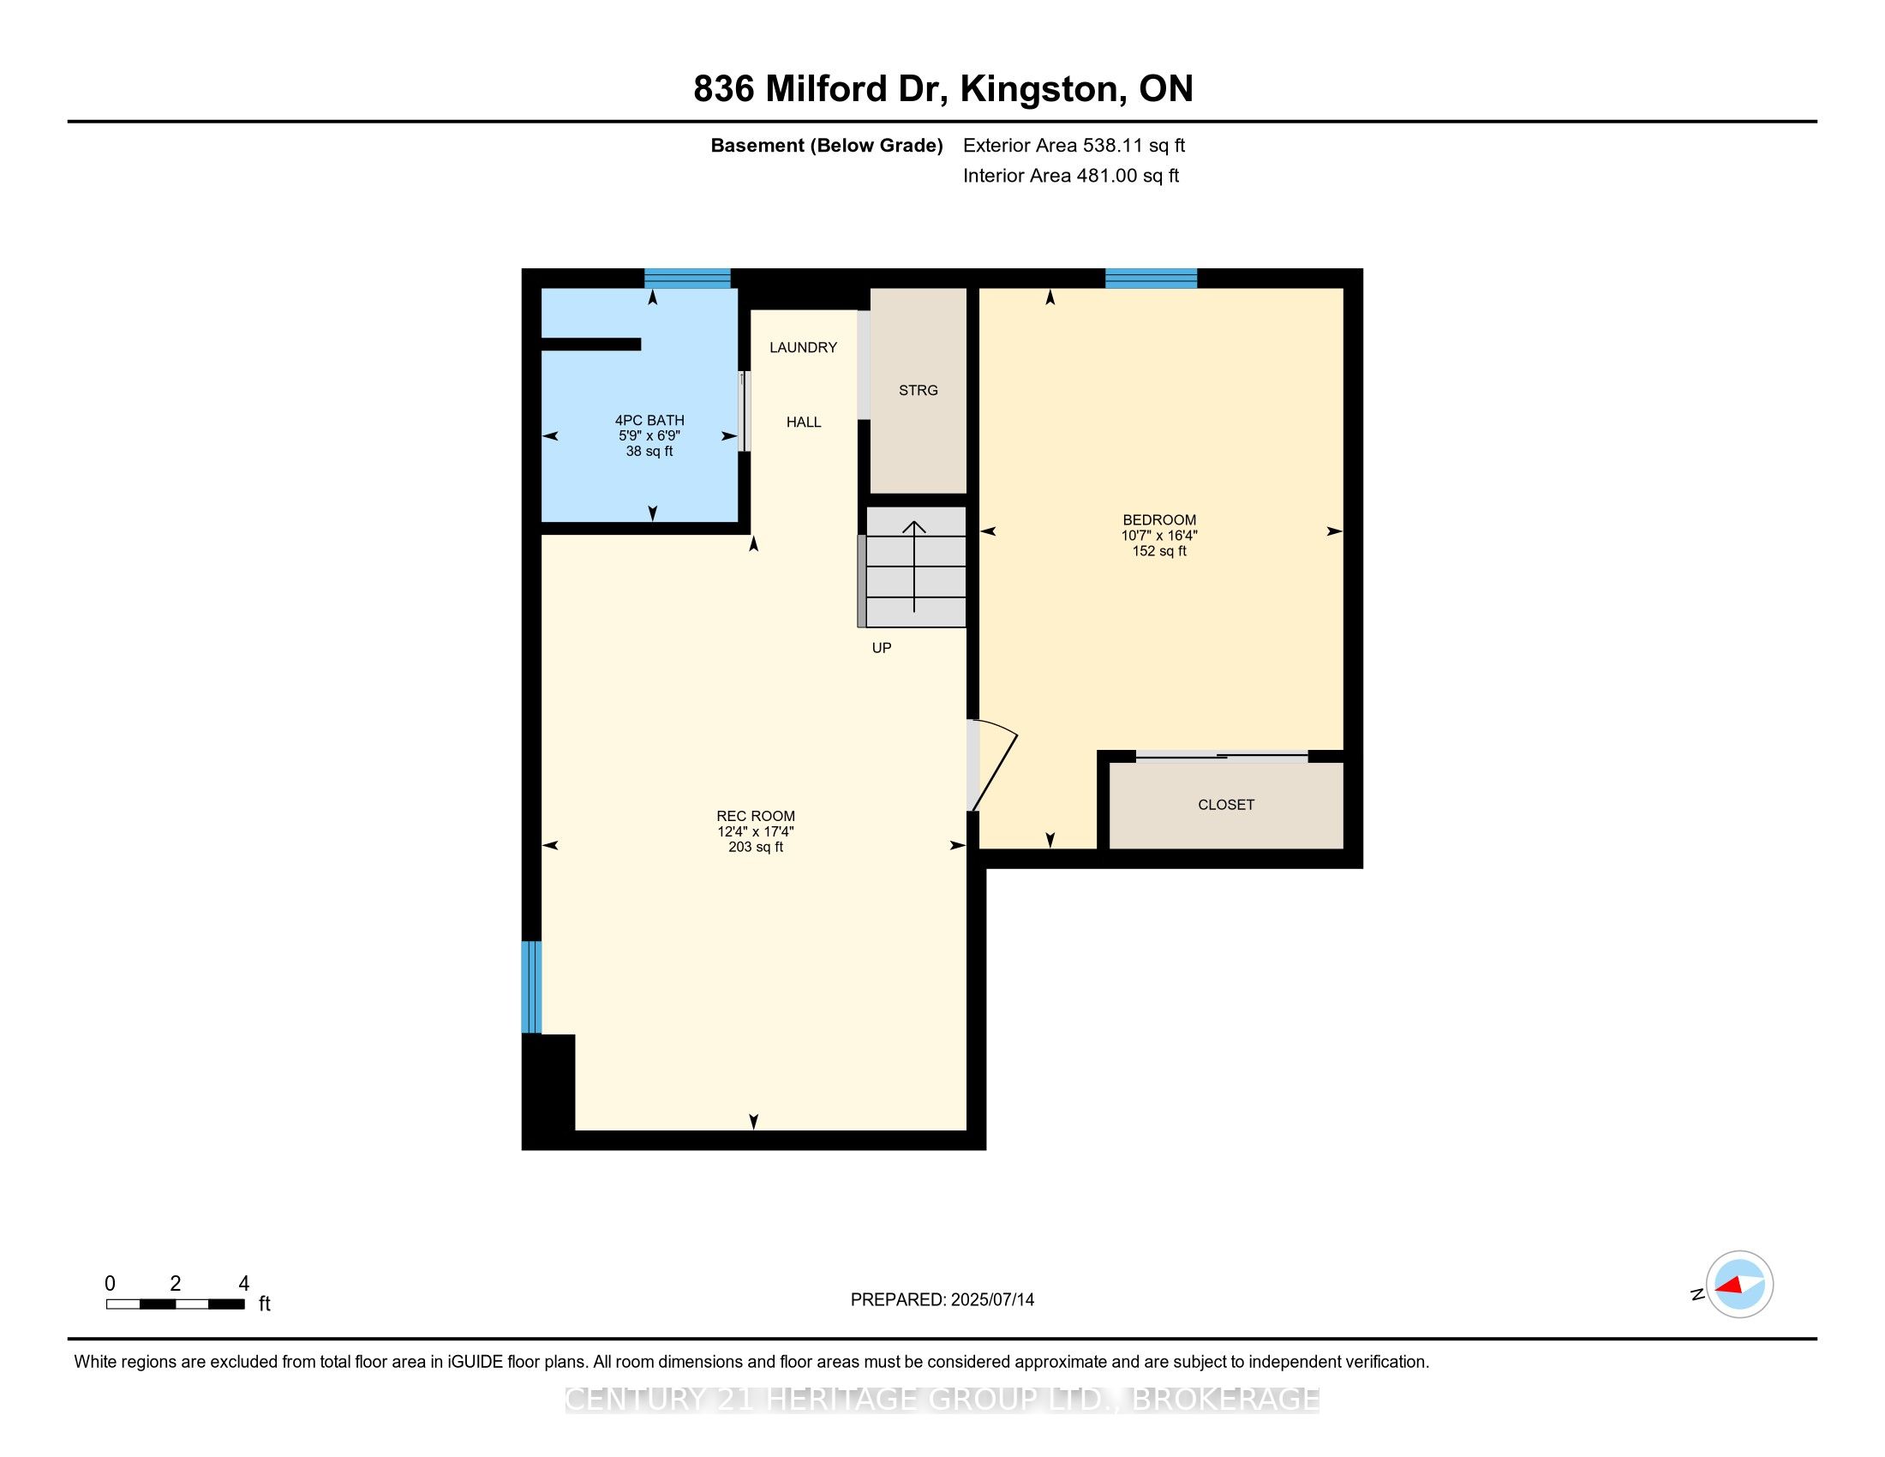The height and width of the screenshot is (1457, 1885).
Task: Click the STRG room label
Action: click(x=918, y=390)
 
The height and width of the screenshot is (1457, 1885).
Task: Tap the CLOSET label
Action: click(x=1225, y=805)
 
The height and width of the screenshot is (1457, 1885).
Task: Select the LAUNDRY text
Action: click(x=803, y=347)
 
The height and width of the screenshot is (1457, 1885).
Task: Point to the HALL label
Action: click(x=803, y=422)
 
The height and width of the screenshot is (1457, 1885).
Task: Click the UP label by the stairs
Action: click(x=881, y=648)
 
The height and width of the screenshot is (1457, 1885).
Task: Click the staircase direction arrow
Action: click(x=914, y=566)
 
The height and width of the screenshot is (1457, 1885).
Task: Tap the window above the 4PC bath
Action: click(x=687, y=278)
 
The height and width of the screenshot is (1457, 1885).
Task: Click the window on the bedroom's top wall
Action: click(x=1151, y=278)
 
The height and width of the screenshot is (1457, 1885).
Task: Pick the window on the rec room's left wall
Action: click(x=531, y=986)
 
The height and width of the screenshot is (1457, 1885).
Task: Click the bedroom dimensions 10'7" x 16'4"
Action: click(x=1159, y=535)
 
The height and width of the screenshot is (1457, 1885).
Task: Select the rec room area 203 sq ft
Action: click(x=755, y=848)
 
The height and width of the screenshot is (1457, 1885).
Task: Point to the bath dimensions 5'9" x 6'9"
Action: click(x=649, y=436)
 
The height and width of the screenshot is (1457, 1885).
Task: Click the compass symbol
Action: click(x=1739, y=1285)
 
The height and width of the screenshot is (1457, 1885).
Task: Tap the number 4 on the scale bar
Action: click(x=243, y=1284)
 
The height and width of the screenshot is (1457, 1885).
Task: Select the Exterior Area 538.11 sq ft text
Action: click(x=1074, y=146)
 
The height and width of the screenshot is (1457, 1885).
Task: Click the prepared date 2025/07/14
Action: click(x=991, y=1300)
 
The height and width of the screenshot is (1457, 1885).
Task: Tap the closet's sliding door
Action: click(x=1221, y=757)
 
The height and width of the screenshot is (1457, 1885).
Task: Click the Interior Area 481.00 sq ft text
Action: click(x=1070, y=176)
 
